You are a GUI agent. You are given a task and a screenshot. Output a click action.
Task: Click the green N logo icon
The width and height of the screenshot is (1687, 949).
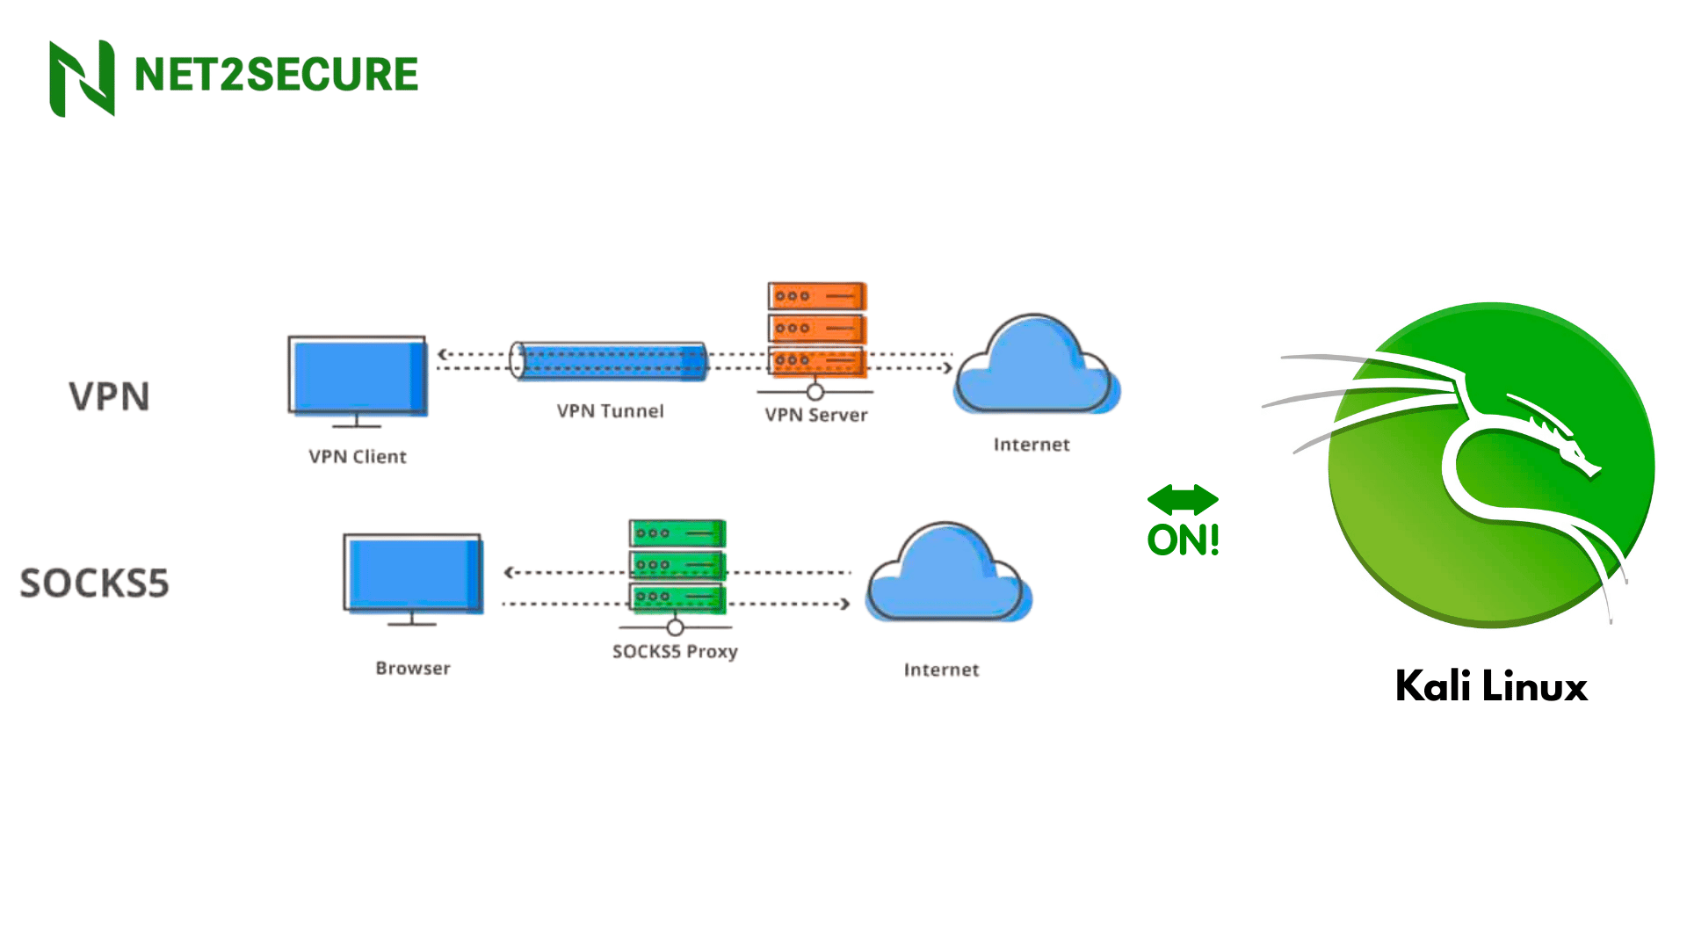82,78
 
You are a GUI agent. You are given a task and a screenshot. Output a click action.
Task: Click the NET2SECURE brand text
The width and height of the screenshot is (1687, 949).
276,75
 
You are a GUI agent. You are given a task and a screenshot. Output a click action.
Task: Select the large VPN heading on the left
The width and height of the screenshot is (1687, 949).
110,397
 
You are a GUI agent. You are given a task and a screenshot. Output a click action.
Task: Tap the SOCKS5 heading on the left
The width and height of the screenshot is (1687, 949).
95,583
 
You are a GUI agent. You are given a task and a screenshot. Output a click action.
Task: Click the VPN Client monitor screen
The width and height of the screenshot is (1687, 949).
357,376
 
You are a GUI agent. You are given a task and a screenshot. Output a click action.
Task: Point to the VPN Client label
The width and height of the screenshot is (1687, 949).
358,457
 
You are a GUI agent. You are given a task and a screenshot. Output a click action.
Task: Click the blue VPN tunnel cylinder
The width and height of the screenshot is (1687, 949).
610,361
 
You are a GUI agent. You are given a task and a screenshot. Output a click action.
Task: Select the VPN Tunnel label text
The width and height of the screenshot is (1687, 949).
611,411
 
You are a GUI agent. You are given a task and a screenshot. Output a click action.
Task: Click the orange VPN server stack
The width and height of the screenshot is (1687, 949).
816,330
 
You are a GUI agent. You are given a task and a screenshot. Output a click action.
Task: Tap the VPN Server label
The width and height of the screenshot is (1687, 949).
816,416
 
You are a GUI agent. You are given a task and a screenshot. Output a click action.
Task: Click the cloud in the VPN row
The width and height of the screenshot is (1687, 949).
1035,369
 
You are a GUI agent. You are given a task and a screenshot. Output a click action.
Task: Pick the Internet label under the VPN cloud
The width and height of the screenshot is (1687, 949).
1032,446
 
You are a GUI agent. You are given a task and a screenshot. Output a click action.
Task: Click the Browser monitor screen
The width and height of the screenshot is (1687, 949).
412,573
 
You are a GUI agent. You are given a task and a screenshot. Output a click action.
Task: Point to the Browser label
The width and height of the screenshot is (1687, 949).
413,669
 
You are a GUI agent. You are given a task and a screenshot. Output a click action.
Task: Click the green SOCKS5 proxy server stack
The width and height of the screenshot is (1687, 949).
677,565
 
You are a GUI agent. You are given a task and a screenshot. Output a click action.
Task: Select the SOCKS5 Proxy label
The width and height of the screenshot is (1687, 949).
675,652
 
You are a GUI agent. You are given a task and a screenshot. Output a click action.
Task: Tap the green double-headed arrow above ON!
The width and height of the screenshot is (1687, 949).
1183,500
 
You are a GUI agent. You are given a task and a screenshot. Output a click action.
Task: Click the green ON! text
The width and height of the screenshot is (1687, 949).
1183,540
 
